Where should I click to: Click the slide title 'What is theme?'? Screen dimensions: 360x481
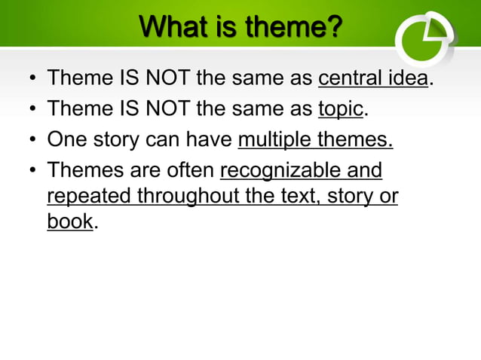240,29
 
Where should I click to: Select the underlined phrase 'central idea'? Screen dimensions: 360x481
373,78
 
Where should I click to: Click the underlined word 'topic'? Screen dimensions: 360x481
341,109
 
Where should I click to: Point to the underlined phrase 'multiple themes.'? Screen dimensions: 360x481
315,140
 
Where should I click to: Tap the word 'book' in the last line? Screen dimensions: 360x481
70,221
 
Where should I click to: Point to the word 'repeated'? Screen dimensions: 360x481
89,197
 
